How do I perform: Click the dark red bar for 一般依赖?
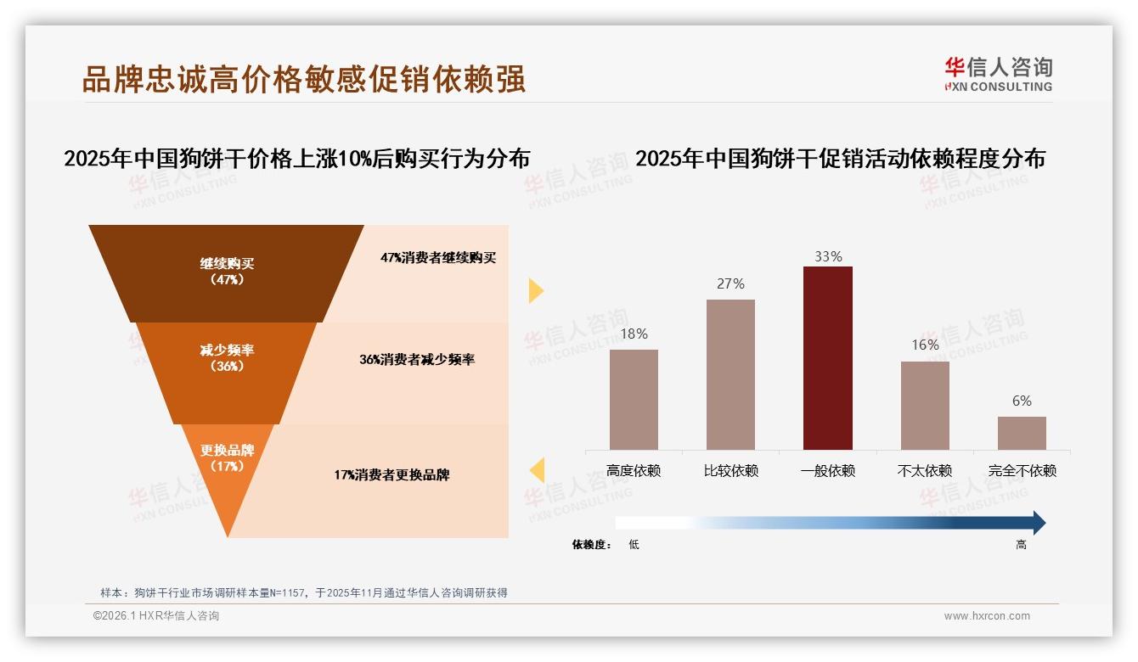click(x=827, y=357)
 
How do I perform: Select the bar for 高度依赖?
click(x=634, y=399)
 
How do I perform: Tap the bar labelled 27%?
click(x=730, y=373)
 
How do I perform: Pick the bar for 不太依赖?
click(x=925, y=405)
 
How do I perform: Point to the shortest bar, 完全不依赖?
click(x=1022, y=433)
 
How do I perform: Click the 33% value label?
click(x=827, y=256)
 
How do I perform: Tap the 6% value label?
click(x=1022, y=401)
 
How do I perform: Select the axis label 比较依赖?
click(x=730, y=470)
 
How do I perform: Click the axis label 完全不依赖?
click(x=1022, y=470)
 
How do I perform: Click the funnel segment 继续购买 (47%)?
click(x=227, y=272)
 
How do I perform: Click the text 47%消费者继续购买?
click(x=437, y=257)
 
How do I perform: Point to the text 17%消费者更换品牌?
click(x=392, y=474)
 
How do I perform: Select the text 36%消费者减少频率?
click(x=416, y=359)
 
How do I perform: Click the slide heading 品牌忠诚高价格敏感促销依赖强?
click(x=304, y=78)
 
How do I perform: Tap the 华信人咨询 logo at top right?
click(x=998, y=74)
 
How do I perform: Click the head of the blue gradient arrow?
click(x=1038, y=523)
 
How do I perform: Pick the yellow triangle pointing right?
click(x=536, y=290)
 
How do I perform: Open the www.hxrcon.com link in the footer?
click(x=987, y=616)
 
